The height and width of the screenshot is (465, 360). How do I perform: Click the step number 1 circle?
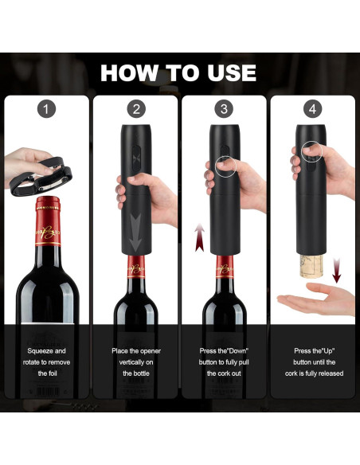pos(47,109)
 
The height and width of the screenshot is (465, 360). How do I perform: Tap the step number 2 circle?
pos(136,109)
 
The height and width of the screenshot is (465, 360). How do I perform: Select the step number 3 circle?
pos(225,109)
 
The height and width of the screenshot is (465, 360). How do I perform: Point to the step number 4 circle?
pos(313,109)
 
